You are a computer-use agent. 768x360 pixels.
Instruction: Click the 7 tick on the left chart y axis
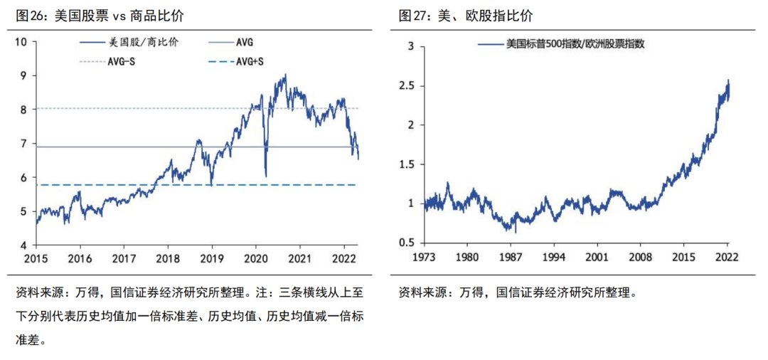click(23, 144)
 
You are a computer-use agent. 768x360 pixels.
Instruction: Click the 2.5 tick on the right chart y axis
click(405, 85)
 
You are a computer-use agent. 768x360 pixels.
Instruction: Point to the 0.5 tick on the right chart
click(405, 243)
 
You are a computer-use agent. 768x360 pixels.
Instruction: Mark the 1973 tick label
click(424, 258)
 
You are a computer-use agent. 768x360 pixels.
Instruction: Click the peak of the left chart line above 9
click(285, 74)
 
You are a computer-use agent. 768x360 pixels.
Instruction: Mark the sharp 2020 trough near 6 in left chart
click(265, 176)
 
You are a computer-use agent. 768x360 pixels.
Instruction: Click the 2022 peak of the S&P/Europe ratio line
click(728, 80)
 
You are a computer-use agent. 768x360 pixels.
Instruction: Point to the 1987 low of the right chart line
click(515, 231)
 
